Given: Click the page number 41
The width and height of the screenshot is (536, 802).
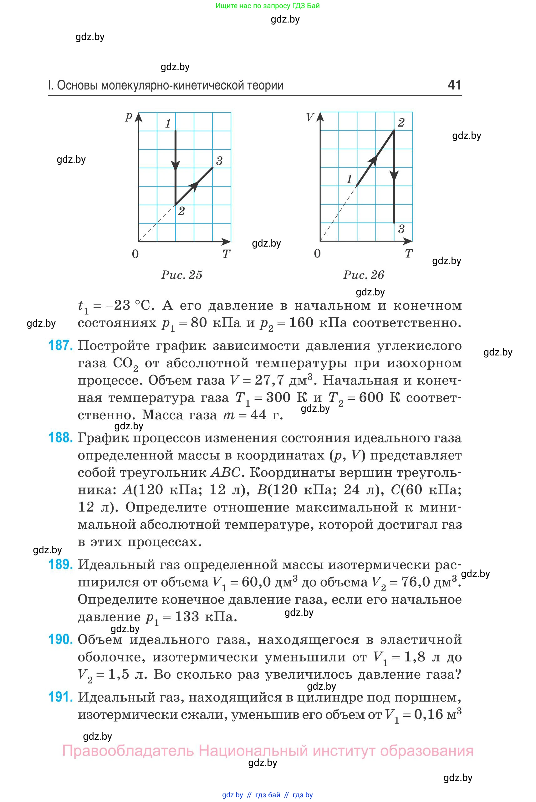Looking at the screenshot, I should coord(454,85).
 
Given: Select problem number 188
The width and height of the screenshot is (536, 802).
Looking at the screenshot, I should coord(60,437).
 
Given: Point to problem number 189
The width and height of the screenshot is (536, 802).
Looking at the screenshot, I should coord(60,564).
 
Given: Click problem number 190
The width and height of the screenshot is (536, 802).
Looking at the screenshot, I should coord(60,639).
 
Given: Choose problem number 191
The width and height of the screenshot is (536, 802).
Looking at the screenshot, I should coord(60,697).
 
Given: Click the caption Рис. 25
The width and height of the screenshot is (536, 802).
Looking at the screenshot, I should coord(181,275).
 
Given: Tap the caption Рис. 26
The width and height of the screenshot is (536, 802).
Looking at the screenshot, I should coord(364,275).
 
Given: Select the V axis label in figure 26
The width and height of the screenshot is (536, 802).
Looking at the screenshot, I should coord(310,117).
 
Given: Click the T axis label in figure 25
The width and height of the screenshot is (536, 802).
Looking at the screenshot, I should coord(226,254).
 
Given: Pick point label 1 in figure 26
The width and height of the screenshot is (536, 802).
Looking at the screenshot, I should coord(349,179).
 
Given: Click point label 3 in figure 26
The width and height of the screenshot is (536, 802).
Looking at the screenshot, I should coord(401,229).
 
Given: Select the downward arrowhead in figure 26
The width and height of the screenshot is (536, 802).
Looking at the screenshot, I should coord(394,176).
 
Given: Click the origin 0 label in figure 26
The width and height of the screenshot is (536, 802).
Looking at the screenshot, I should coord(317,253).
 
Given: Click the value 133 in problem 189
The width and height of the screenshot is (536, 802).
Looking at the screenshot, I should coord(187,617).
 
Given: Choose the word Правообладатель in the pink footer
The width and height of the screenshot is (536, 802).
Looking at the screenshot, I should coord(128,751).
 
